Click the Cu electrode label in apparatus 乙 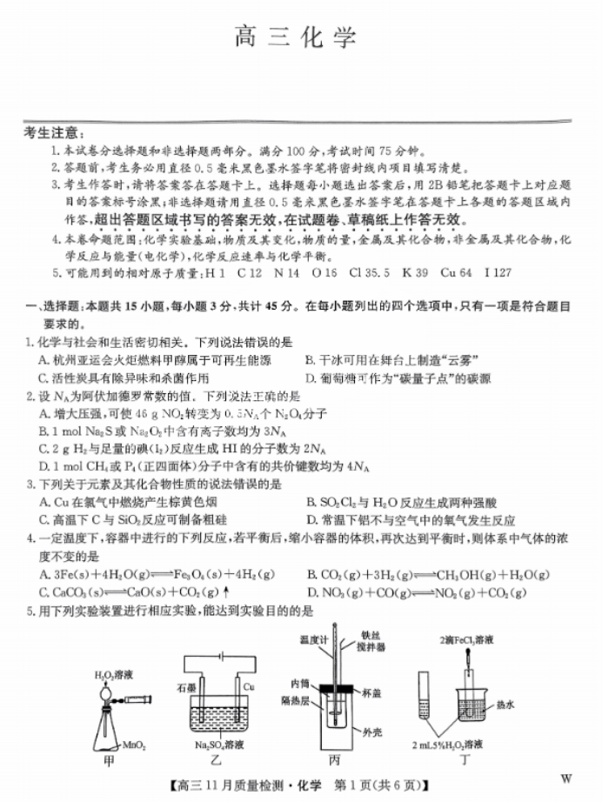[x=248, y=685]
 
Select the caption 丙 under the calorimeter [x=335, y=759]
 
